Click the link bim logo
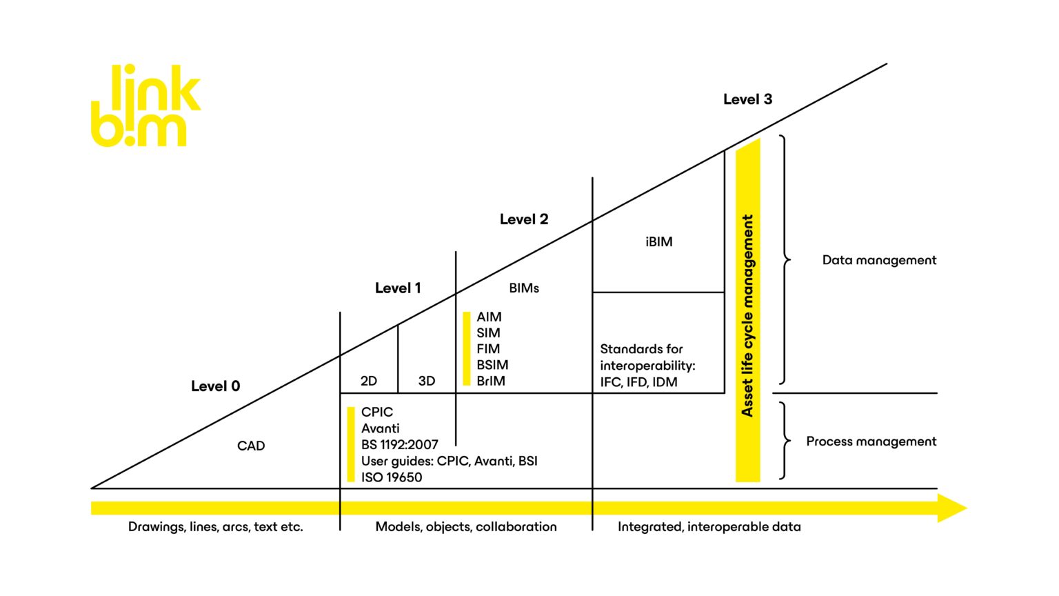145,106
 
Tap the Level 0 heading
215,386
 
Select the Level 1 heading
397,288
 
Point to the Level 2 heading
523,219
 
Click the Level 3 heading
747,99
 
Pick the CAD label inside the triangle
251,446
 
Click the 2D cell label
368,381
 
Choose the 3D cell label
426,381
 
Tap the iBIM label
658,242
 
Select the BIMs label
523,288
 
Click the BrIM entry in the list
490,381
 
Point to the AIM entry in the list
489,317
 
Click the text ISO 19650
391,477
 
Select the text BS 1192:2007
399,445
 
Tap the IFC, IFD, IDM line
638,382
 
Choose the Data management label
879,260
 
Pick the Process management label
871,441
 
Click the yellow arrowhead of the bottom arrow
952,508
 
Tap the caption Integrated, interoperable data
709,527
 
